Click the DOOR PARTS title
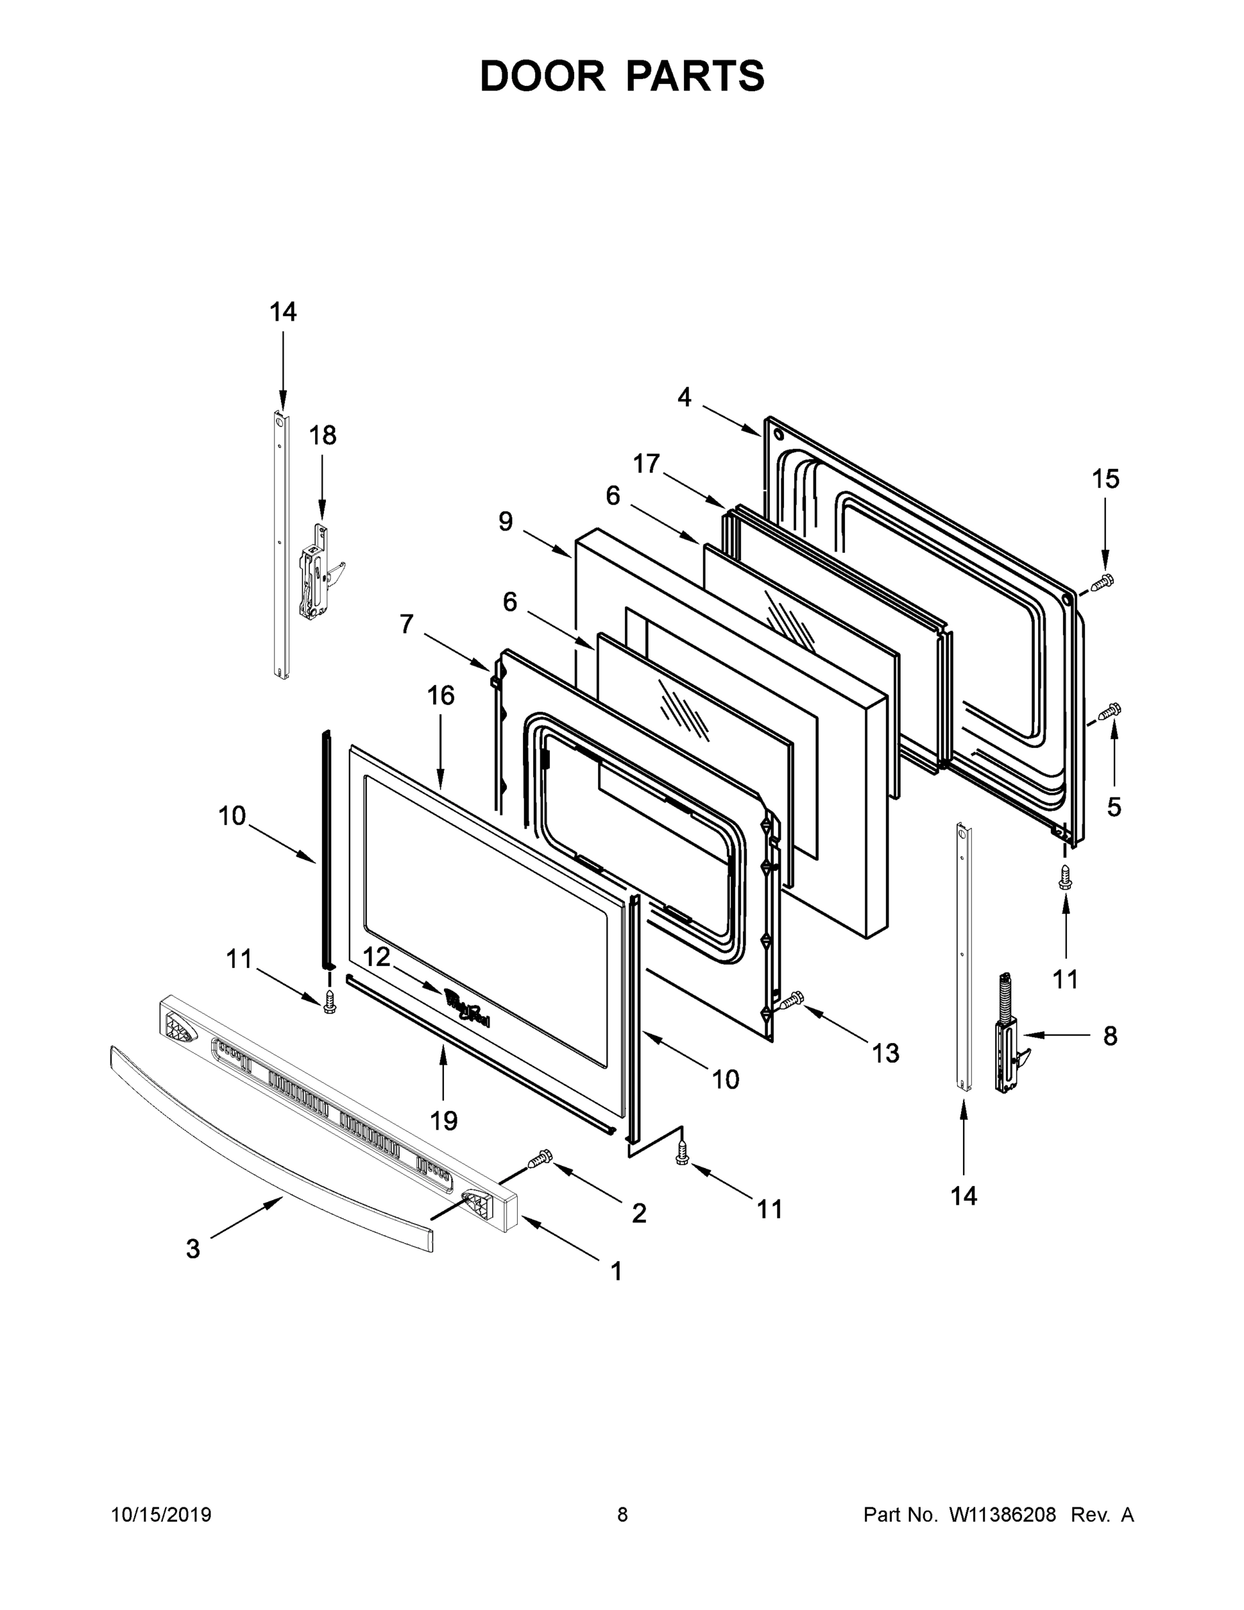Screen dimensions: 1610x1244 pos(622,76)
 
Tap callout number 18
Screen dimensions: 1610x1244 pos(322,435)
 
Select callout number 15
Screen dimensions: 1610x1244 pos(1105,479)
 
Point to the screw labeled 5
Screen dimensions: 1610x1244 pos(1109,711)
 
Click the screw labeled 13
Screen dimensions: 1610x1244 pos(791,1000)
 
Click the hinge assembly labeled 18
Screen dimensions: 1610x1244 pos(318,572)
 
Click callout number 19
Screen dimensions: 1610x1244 pos(444,1120)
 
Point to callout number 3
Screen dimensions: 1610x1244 pos(192,1249)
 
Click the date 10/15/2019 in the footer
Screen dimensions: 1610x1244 pos(162,1515)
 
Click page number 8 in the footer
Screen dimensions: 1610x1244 pos(622,1515)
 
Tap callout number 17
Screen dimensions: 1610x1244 pos(646,464)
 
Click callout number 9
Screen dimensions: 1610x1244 pos(505,521)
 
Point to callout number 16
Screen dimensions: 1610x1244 pos(441,695)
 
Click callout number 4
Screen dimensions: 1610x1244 pos(685,397)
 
